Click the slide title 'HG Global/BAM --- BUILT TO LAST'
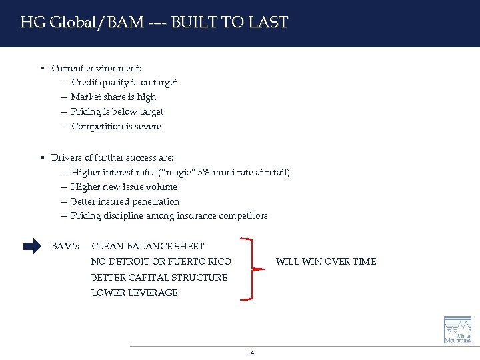[x=154, y=23]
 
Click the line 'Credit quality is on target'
[x=124, y=83]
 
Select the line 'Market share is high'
[x=113, y=97]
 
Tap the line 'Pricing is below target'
[x=117, y=112]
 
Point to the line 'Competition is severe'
[x=116, y=127]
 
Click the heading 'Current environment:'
[x=97, y=68]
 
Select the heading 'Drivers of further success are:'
[x=113, y=158]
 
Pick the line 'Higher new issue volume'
[x=124, y=187]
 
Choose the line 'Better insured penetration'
[x=125, y=202]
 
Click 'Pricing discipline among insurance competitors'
[x=169, y=216]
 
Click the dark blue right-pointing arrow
[x=32, y=247]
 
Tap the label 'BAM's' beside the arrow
[x=65, y=247]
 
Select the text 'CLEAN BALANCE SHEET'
[x=148, y=247]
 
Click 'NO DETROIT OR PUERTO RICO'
[x=161, y=261]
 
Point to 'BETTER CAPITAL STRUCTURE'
[x=159, y=277]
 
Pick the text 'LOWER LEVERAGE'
[x=135, y=293]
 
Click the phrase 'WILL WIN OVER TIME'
[x=326, y=261]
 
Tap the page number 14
[x=251, y=353]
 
